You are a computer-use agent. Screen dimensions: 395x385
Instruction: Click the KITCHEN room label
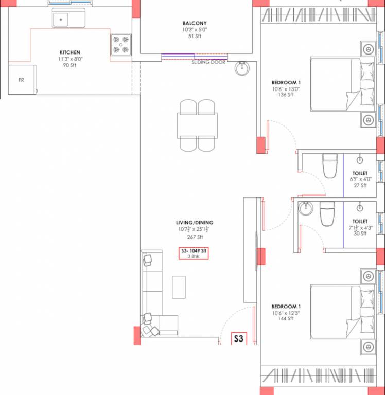tap(70, 52)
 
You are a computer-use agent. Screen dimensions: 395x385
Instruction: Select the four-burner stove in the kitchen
tap(121, 44)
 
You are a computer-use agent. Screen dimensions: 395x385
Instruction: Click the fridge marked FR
tap(22, 80)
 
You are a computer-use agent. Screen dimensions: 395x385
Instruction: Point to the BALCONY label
tap(195, 23)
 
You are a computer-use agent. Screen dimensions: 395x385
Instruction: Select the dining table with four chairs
tap(198, 125)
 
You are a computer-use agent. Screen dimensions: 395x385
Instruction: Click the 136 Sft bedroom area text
tap(285, 94)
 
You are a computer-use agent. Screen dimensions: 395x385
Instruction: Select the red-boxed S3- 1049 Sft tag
tap(194, 253)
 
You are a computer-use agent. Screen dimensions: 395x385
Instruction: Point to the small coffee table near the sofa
tap(179, 286)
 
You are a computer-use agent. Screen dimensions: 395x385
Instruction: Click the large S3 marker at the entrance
tap(239, 338)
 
